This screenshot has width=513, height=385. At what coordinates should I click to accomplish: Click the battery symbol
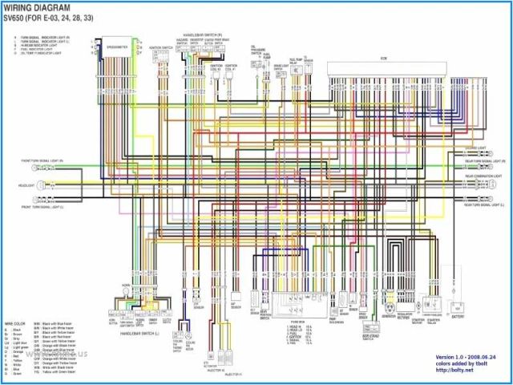tap(458, 308)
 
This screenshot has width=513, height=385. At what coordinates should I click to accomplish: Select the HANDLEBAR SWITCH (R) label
tap(202, 35)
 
